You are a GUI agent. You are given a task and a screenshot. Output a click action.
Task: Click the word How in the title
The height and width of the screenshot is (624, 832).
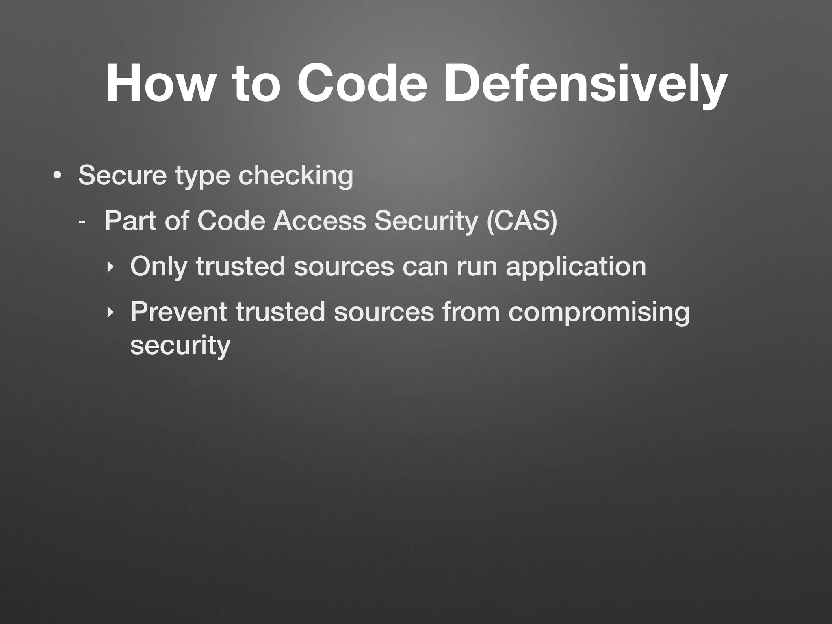point(159,84)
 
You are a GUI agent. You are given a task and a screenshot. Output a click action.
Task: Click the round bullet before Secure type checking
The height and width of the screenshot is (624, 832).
point(57,175)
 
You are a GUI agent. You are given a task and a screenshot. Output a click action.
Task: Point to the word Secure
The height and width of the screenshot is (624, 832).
point(122,175)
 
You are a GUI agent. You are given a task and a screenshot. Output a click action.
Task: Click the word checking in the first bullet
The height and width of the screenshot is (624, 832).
point(296,176)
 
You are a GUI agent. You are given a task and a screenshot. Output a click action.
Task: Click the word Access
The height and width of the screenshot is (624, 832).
point(319,221)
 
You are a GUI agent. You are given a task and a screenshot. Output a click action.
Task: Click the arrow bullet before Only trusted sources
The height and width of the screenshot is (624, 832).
point(109,267)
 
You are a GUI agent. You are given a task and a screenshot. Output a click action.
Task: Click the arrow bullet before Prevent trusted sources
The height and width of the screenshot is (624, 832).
point(109,312)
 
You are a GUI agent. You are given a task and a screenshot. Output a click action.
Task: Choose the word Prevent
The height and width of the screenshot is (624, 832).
point(179,312)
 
